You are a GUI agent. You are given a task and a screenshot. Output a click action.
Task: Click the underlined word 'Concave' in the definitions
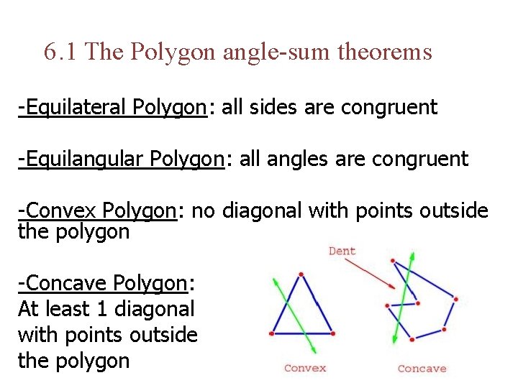point(69,284)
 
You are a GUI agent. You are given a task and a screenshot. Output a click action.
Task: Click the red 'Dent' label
point(342,251)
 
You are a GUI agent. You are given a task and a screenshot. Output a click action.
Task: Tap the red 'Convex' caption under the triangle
point(305,368)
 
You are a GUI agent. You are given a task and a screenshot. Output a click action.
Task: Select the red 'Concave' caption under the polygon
point(422,369)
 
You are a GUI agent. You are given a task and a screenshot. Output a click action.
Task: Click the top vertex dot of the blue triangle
point(301,274)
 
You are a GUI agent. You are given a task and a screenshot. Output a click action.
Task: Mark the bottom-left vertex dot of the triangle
point(271,333)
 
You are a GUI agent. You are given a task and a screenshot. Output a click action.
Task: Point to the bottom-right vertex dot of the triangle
point(333,333)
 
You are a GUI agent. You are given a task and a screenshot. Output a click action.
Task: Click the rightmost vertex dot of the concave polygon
point(456,299)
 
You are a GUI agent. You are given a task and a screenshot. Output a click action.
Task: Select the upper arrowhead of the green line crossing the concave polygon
point(412,255)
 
